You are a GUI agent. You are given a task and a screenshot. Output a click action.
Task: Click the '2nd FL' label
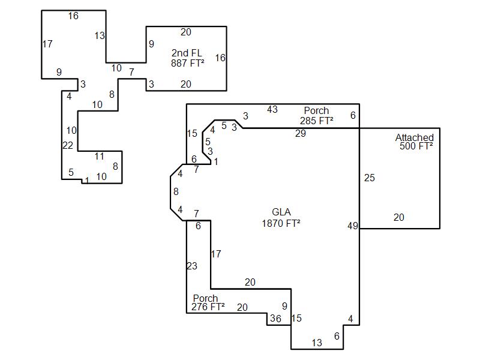click(187, 53)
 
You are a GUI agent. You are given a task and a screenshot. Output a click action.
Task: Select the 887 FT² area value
click(188, 63)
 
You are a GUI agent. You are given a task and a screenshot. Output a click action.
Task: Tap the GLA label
click(281, 212)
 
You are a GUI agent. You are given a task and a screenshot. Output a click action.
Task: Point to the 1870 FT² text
click(281, 223)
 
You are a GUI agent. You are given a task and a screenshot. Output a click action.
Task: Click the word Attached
click(415, 137)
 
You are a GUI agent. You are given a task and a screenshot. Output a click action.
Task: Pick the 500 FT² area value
click(416, 146)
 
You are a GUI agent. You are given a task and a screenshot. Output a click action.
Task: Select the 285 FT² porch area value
click(317, 121)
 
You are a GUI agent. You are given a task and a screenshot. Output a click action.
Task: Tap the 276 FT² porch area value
click(208, 307)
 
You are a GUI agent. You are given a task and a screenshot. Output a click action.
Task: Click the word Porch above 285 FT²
click(316, 110)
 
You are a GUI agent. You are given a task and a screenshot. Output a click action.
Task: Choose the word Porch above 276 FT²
click(205, 298)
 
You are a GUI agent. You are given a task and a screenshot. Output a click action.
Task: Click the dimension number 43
click(272, 109)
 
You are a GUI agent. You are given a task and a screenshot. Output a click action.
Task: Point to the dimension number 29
click(301, 133)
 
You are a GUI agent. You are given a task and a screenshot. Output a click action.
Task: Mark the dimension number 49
click(353, 226)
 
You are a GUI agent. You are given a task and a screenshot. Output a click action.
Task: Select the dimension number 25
click(370, 178)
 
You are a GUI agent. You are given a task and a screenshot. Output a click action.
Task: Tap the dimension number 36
click(275, 319)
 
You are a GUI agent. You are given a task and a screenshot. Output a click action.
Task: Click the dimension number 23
click(192, 266)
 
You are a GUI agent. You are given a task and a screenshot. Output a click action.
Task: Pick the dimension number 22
click(68, 145)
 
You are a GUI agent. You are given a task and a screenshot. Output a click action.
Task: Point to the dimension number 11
click(99, 157)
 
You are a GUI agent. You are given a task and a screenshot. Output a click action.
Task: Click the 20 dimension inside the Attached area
click(399, 217)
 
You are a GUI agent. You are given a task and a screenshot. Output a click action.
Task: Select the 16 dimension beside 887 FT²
click(220, 58)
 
